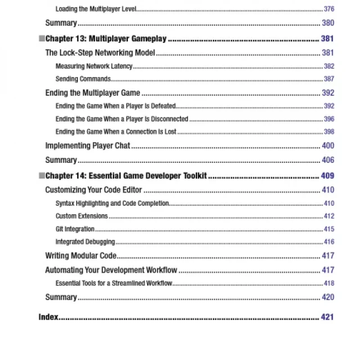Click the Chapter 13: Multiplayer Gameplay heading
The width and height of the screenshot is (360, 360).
coord(106,39)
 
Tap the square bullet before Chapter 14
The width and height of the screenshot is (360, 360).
coord(42,175)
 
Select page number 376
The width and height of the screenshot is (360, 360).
coord(329,9)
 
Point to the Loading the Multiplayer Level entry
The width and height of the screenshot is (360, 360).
coord(96,9)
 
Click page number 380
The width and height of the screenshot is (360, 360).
coord(328,23)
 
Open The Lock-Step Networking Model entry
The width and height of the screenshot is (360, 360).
coord(100,53)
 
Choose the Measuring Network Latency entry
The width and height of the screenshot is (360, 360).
coord(94,66)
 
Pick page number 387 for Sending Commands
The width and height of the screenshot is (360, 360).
coord(329,79)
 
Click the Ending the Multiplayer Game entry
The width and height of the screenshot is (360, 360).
coord(93,93)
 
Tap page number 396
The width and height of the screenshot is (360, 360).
coord(329,119)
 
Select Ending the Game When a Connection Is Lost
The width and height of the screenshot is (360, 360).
coord(116,132)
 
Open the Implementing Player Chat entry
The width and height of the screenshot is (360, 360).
coord(88,146)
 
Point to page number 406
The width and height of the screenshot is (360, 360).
coord(328,160)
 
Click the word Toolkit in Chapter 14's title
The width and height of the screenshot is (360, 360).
coord(194,176)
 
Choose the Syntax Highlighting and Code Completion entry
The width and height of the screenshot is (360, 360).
coord(112,203)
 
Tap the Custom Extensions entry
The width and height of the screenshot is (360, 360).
coord(82,216)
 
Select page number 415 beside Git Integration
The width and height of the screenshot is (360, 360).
coord(329,229)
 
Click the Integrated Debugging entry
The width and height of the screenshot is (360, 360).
coord(85,242)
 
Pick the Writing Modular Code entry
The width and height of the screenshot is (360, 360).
coord(81,256)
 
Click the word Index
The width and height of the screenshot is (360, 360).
coord(49,317)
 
